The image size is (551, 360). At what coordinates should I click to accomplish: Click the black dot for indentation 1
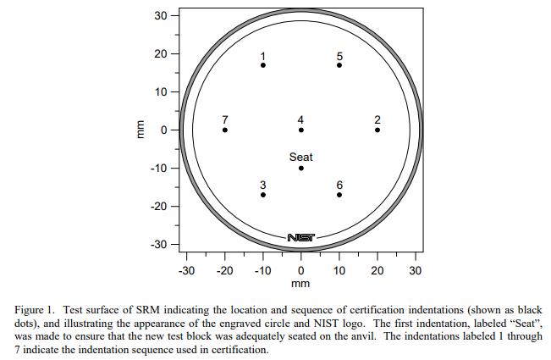click(263, 65)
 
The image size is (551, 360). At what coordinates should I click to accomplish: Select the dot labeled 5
click(339, 65)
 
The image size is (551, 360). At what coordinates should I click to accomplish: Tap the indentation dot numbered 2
click(377, 130)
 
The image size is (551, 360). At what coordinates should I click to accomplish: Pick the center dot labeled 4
click(301, 130)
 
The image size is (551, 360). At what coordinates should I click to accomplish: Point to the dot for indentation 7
click(225, 130)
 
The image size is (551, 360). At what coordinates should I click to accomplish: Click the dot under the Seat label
click(301, 168)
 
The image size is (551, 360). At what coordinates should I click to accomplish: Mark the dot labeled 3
click(263, 195)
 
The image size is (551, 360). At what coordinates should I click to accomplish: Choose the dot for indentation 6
click(339, 195)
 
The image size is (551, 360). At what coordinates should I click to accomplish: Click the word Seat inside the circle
click(301, 157)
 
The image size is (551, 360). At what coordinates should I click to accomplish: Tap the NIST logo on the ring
click(301, 238)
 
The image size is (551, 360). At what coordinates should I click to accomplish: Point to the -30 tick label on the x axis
click(186, 271)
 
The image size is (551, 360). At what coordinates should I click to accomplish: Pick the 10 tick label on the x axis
click(339, 271)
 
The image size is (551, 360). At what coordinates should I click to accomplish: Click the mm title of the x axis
click(301, 284)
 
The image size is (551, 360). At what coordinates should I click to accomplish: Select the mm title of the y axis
click(141, 130)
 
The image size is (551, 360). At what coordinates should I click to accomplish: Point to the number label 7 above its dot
click(225, 119)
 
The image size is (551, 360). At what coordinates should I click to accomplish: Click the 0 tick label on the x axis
click(301, 271)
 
